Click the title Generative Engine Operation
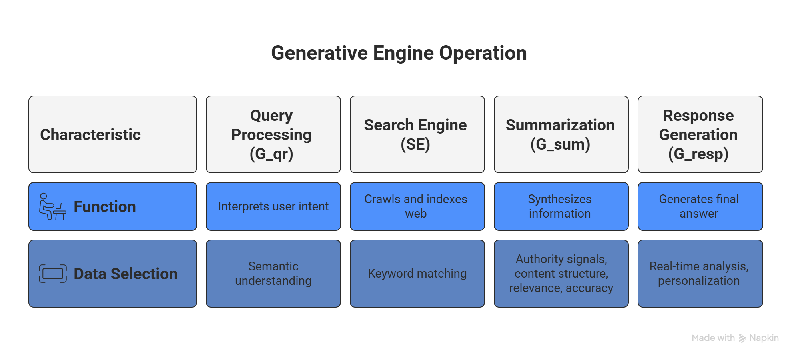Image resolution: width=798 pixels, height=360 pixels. tap(399, 53)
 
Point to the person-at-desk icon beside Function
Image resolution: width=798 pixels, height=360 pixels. tap(52, 206)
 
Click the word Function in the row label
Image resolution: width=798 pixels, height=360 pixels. tap(105, 207)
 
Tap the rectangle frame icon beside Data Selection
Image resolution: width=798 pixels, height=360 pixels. tap(52, 274)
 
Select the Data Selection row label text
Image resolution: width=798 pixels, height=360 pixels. tap(126, 274)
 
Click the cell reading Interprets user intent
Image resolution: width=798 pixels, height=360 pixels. tap(273, 206)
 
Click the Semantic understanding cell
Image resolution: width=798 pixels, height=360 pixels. tap(273, 274)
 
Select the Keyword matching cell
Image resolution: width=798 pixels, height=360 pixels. tap(417, 274)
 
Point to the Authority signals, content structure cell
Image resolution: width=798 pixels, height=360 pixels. tap(561, 274)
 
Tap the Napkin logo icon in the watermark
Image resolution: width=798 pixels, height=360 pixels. tap(742, 338)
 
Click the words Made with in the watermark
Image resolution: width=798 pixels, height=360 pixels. tap(713, 338)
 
